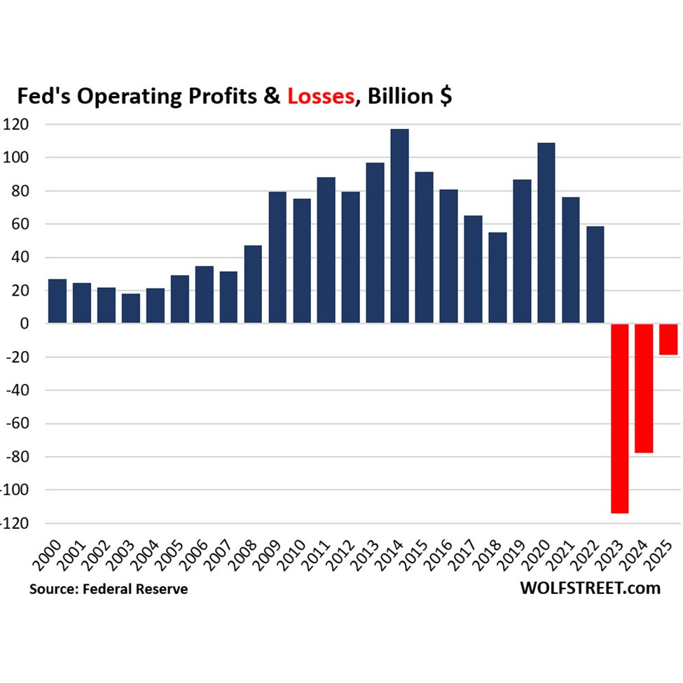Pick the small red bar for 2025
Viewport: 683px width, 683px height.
[x=668, y=339]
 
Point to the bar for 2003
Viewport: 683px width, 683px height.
[x=130, y=308]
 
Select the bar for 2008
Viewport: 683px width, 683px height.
[x=253, y=284]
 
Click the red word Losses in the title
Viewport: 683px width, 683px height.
[x=320, y=97]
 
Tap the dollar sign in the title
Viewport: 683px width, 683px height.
[x=444, y=97]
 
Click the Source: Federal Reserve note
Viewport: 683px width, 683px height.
[x=109, y=589]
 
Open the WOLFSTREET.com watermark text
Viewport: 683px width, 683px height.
[x=590, y=588]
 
